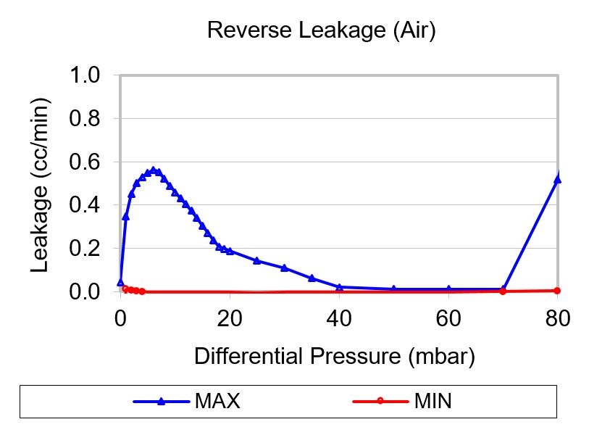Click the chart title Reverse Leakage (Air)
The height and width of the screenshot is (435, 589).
point(321,30)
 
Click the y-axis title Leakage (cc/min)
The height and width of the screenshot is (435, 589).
point(41,188)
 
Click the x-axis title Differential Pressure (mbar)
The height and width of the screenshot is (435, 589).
point(334,356)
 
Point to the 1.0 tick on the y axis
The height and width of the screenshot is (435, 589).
point(85,75)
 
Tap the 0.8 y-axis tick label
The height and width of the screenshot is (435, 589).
point(85,118)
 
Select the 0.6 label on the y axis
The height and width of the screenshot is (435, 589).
point(85,162)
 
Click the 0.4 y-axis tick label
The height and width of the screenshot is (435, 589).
point(85,205)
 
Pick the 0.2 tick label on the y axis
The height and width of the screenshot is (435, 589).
point(85,248)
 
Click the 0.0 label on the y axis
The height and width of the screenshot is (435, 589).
point(85,291)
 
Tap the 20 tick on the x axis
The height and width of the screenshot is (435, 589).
point(230,317)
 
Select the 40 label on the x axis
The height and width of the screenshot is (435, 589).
point(339,317)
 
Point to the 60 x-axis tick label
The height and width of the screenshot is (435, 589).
point(448,317)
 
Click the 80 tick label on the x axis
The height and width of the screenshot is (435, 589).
point(558,317)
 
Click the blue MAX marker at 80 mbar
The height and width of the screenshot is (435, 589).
point(558,179)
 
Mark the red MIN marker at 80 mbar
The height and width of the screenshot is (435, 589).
point(558,290)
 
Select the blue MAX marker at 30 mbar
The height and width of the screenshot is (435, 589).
point(284,268)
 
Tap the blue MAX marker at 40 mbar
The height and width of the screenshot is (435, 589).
point(339,287)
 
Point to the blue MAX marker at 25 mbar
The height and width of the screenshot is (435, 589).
point(257,260)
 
